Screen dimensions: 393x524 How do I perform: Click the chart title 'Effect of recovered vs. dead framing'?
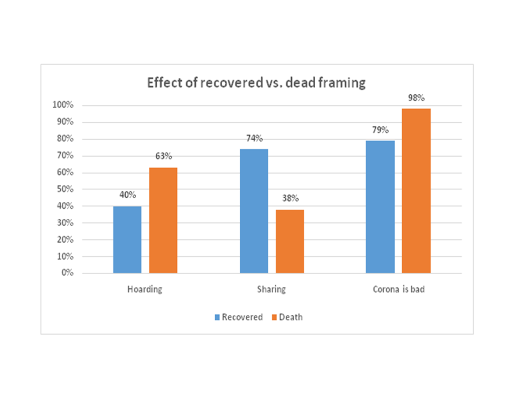click(x=256, y=83)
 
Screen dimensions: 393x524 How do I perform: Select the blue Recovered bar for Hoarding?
click(x=127, y=240)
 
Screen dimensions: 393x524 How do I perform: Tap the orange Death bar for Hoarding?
click(x=163, y=221)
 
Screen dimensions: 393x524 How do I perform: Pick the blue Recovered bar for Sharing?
click(x=254, y=211)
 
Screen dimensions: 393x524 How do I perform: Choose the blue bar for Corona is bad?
click(x=380, y=207)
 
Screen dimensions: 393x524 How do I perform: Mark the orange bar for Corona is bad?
click(x=416, y=191)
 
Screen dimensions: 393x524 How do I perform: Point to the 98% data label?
click(x=416, y=98)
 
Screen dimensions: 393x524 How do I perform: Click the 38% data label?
click(x=290, y=199)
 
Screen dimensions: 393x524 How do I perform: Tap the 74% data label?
click(x=254, y=139)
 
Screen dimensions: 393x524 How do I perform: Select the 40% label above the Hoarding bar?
click(x=127, y=196)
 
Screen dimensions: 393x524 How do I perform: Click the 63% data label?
click(x=163, y=157)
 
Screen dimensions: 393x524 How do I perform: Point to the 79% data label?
click(x=380, y=130)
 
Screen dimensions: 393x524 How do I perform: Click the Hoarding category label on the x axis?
click(x=145, y=290)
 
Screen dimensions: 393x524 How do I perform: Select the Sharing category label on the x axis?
click(x=271, y=290)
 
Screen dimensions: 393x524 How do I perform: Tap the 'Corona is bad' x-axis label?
click(x=399, y=290)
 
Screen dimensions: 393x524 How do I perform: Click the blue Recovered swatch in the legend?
click(x=217, y=317)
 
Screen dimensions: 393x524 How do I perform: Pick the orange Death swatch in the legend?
click(x=275, y=317)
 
